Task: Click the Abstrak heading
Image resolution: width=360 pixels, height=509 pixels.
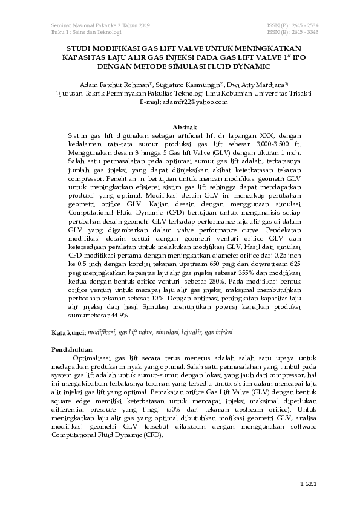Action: tap(185, 127)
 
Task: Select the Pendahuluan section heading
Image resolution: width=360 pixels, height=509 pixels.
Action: tap(71, 350)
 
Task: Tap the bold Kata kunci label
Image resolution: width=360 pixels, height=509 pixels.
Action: tap(68, 332)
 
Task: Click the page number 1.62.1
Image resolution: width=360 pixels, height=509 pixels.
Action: tap(308, 484)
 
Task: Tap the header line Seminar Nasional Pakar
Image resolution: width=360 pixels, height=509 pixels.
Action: tap(100, 25)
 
